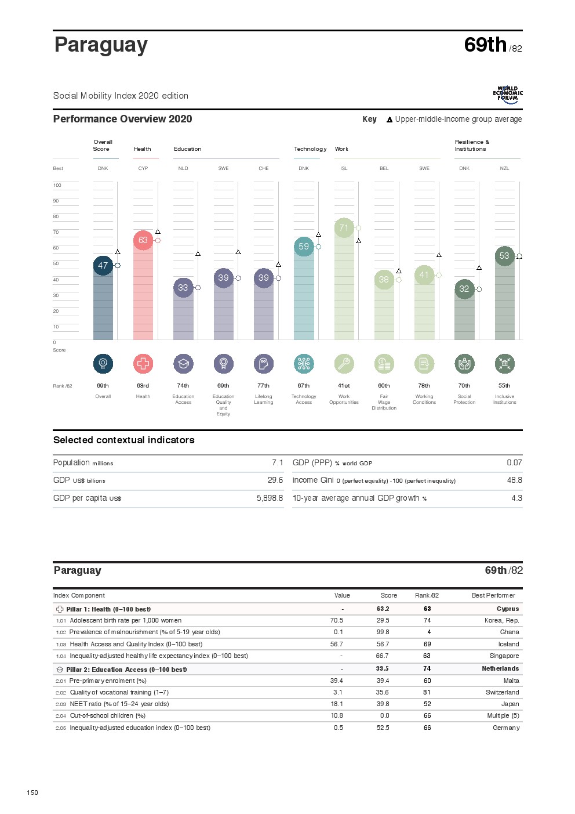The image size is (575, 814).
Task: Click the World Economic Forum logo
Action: [508, 95]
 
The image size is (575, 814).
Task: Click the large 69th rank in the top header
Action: [485, 45]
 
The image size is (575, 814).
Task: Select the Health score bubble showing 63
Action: [143, 240]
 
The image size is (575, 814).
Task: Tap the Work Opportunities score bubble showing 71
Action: [344, 228]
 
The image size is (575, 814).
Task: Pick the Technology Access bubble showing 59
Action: [304, 247]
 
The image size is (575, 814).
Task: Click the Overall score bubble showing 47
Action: [103, 266]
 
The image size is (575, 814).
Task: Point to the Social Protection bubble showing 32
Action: [464, 289]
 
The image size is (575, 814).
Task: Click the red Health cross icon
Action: [143, 364]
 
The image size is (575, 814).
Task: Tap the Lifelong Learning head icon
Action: [264, 364]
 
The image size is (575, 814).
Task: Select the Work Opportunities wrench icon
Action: [344, 364]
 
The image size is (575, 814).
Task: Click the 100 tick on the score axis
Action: [57, 186]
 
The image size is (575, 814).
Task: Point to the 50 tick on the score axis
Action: [56, 264]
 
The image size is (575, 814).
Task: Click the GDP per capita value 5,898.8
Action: [270, 498]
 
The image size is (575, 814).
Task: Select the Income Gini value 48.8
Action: [514, 480]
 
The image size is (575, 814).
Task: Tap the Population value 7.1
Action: [277, 463]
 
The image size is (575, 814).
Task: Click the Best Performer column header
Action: [493, 596]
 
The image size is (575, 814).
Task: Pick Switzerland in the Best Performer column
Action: [502, 693]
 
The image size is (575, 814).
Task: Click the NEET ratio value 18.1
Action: [336, 704]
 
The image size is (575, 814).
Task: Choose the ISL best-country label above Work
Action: [344, 169]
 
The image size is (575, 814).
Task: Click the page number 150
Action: [32, 793]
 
